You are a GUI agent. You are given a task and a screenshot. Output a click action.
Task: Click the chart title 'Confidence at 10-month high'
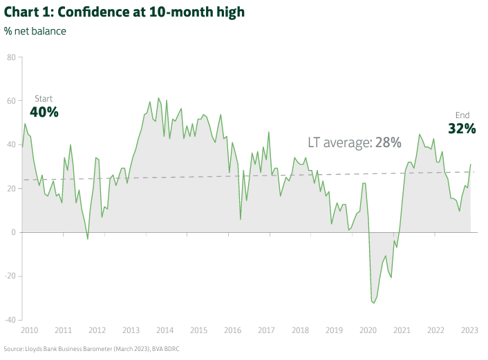coord(124,12)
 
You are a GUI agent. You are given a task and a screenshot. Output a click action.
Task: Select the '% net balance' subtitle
coord(35,31)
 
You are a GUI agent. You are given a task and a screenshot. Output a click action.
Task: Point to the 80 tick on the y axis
coord(11,57)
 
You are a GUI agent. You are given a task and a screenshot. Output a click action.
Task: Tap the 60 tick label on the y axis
coord(11,101)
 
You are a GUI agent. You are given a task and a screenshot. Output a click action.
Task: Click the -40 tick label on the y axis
coord(10,320)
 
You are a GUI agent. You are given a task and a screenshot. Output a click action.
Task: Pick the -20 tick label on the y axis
coord(10,276)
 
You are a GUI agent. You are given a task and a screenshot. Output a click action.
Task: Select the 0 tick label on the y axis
coord(13,232)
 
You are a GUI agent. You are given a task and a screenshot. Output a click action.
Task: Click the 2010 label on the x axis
coord(29,330)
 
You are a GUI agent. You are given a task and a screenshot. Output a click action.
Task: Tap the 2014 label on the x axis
coord(164,330)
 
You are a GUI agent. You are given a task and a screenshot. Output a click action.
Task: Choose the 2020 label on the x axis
coord(368,330)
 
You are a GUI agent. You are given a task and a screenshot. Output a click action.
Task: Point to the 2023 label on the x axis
coord(469,330)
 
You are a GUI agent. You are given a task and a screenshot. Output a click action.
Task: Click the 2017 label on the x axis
coord(266,330)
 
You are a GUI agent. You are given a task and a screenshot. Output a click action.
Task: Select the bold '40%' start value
coord(44,112)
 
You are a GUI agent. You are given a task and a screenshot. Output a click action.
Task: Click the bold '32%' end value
coord(462,129)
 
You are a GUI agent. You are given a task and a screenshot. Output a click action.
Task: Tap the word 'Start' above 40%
coord(44,99)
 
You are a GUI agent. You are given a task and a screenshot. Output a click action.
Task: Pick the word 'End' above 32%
coord(462,115)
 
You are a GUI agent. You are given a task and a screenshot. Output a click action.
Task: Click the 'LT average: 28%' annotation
coord(355,143)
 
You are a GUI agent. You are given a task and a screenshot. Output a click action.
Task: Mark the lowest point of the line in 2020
coord(373,303)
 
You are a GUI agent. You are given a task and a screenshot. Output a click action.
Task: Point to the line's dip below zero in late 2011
coord(88,239)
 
